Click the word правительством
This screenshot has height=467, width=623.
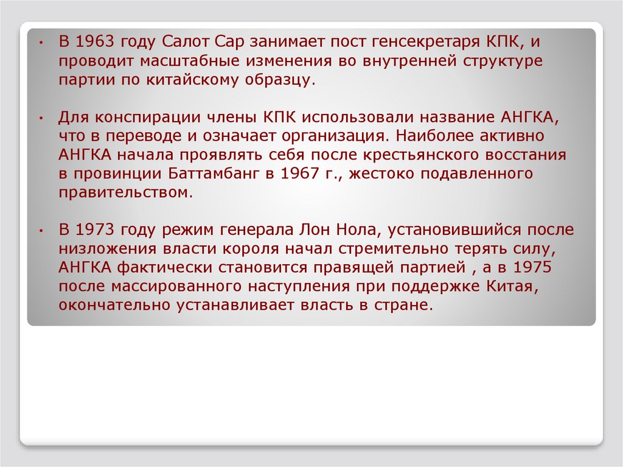tap(125, 193)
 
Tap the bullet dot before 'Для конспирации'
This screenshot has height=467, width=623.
tap(40, 118)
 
